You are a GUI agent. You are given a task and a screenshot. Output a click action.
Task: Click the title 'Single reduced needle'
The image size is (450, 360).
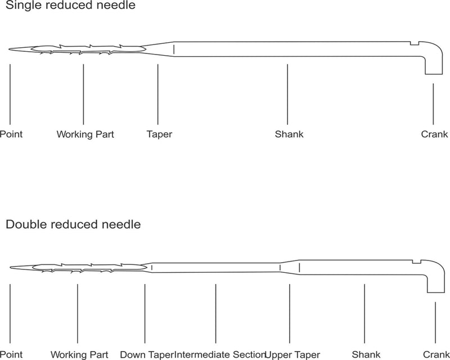point(70,5)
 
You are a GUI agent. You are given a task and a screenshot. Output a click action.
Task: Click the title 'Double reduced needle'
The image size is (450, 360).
point(73,224)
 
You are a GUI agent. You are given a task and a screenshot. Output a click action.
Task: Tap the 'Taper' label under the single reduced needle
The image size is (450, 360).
point(159,134)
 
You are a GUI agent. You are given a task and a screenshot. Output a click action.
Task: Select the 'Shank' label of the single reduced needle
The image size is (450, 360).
point(289,134)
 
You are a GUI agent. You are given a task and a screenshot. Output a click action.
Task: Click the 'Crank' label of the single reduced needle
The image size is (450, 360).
point(434,134)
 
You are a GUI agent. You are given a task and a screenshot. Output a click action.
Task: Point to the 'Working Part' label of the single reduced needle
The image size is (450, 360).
point(85,134)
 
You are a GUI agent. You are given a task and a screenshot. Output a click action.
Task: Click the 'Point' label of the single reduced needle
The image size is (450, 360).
point(11,134)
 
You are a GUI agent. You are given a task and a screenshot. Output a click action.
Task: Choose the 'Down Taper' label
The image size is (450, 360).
point(147,354)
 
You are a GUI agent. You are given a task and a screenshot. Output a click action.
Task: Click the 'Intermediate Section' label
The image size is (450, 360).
point(219,354)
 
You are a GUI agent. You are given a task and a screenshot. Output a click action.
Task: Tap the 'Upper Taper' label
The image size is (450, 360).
point(292,354)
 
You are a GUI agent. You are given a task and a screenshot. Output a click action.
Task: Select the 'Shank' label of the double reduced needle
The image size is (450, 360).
point(366,354)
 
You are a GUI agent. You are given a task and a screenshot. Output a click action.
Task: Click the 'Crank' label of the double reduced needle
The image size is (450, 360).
point(436,354)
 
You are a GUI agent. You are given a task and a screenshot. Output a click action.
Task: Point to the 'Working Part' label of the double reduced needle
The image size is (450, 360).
point(79,354)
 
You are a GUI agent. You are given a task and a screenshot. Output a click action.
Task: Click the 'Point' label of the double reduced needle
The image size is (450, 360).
point(11,354)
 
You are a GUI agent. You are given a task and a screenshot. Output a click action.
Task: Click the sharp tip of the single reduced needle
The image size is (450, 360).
point(9,49)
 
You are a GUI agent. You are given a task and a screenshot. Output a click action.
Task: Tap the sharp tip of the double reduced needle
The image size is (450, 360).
point(11,268)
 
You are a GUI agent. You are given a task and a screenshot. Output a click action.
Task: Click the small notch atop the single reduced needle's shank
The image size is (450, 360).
point(415,43)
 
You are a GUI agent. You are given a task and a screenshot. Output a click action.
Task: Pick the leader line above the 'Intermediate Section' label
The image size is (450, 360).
point(216,313)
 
